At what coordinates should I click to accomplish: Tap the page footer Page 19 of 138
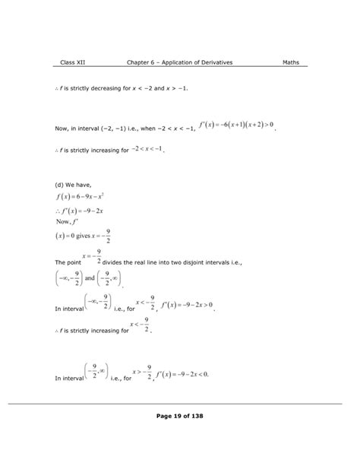point(180,416)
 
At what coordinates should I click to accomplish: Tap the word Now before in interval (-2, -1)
point(63,128)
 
